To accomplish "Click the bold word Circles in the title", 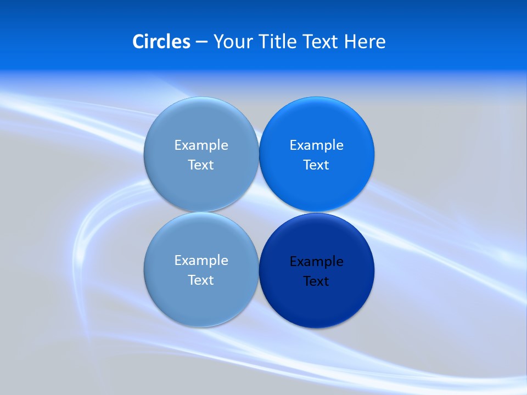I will click(161, 42).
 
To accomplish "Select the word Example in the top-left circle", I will click(201, 145).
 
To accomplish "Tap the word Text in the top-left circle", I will click(201, 165).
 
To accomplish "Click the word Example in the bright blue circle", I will click(316, 145).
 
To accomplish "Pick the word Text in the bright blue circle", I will click(316, 165).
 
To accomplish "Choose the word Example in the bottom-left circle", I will click(201, 260).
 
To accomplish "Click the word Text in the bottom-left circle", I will click(201, 280).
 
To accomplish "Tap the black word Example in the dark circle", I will click(316, 261).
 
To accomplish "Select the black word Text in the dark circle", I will click(316, 281).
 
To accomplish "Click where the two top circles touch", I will click(259, 154).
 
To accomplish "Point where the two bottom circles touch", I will click(259, 270).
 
